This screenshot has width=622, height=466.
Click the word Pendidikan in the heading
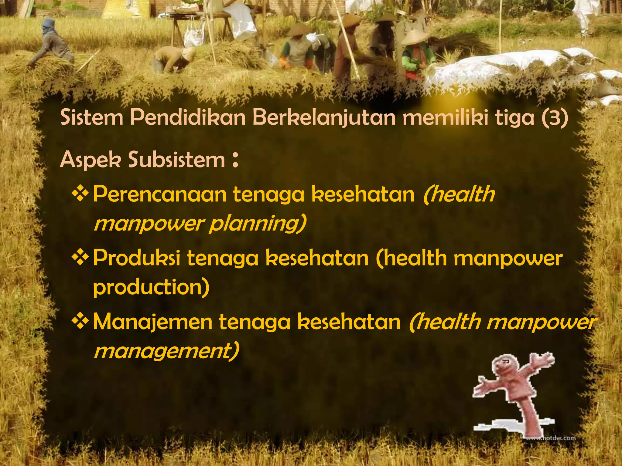point(188,118)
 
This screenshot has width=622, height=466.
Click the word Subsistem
point(176,160)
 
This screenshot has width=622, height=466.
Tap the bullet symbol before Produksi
point(80,258)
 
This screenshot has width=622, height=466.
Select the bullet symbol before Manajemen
point(80,321)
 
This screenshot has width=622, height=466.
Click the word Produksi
point(136,258)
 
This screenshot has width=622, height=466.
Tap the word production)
point(151,288)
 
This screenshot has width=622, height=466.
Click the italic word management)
point(166,351)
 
